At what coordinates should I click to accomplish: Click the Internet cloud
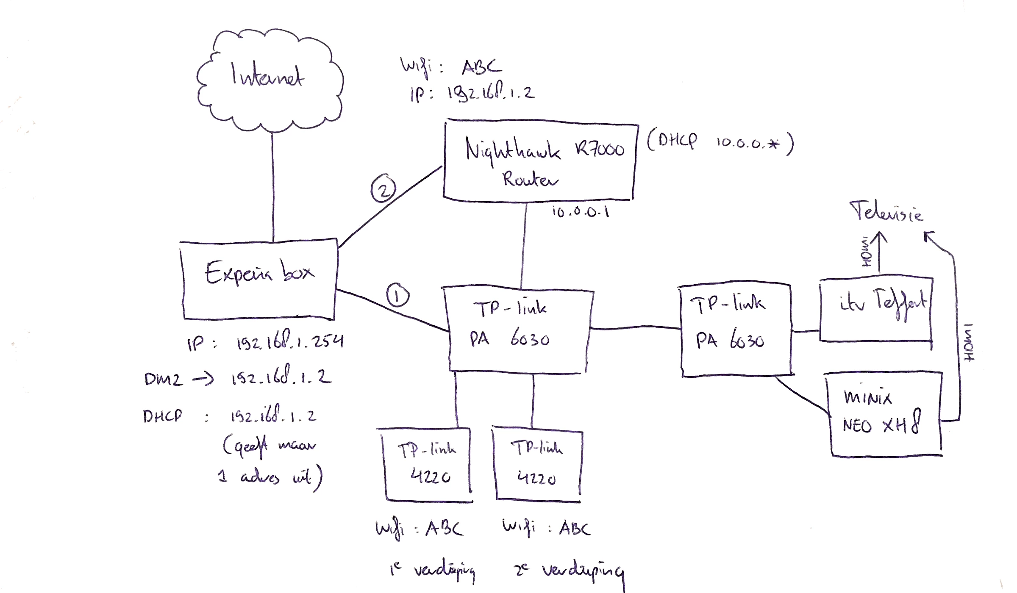click(x=270, y=80)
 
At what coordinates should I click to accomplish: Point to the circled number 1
click(x=397, y=295)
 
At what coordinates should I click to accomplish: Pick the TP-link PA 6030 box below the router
click(x=518, y=330)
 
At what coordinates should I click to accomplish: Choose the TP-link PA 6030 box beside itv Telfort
click(x=736, y=330)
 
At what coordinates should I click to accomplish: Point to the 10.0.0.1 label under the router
click(x=581, y=212)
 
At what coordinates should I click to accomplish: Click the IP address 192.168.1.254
click(x=290, y=341)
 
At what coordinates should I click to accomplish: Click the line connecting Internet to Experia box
click(x=273, y=186)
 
